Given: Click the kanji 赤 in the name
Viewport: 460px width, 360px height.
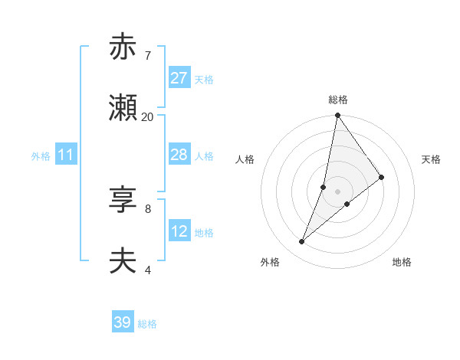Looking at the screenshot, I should click(x=123, y=47).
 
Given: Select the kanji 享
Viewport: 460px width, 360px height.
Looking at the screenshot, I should click(x=123, y=201).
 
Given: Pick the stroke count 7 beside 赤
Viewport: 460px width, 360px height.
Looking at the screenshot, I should click(x=147, y=55).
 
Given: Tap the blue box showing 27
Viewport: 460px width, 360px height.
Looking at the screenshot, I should click(x=179, y=78).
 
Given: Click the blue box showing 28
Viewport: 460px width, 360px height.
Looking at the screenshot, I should click(x=179, y=155).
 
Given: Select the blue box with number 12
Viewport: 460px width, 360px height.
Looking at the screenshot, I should click(x=179, y=231).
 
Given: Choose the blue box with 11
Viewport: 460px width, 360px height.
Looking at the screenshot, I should click(x=66, y=155).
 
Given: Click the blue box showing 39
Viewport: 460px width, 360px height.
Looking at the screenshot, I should click(x=123, y=322).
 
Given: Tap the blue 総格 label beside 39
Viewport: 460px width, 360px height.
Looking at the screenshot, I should click(x=147, y=324).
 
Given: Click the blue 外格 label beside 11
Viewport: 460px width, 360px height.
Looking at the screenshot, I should click(x=41, y=156).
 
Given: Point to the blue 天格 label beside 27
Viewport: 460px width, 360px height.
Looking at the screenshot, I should click(x=204, y=80).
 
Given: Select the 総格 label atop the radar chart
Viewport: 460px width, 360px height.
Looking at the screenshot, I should click(x=338, y=100).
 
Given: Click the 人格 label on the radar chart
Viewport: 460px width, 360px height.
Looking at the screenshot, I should click(x=245, y=159).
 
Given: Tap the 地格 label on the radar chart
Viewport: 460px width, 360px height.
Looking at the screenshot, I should click(x=402, y=262).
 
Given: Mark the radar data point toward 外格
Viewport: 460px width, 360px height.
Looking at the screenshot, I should click(x=302, y=242).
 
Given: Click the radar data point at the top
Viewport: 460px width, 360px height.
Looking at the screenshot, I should click(x=338, y=116).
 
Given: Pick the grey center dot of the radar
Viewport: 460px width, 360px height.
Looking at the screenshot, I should click(x=338, y=191).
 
